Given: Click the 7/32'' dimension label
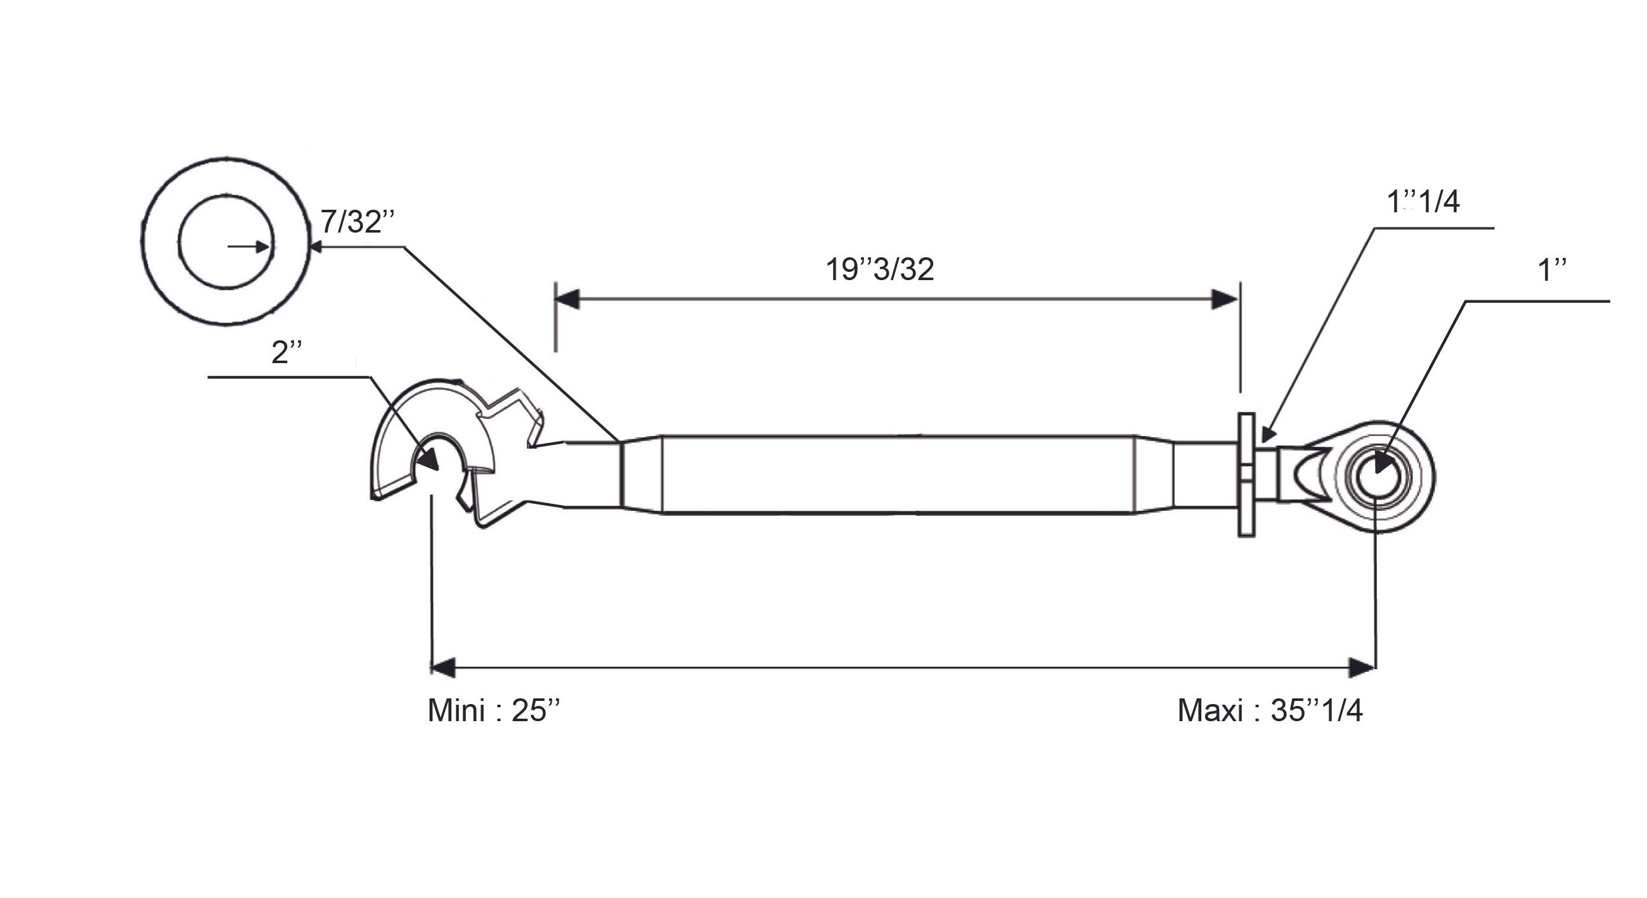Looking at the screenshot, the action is coord(358,222).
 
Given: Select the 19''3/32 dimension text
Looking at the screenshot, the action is coord(880,269).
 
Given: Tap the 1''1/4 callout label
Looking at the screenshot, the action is coord(1423,202).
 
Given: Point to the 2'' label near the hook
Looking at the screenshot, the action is coord(286,352).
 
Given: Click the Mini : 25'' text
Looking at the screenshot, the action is coord(494,710).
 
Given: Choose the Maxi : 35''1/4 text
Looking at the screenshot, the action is coord(1270,710).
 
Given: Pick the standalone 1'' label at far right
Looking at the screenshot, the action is coord(1552,271).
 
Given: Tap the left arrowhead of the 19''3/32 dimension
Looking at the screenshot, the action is coord(568,299).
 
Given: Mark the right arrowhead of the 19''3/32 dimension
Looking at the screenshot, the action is coord(1225,299).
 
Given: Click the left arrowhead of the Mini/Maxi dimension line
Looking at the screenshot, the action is coord(444,667).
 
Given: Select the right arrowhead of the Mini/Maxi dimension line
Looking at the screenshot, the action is coord(1362,667).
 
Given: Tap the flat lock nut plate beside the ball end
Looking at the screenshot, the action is coord(1247,475).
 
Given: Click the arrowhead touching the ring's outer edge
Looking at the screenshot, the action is coord(316,246).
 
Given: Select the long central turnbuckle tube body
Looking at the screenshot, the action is coord(898,474).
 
